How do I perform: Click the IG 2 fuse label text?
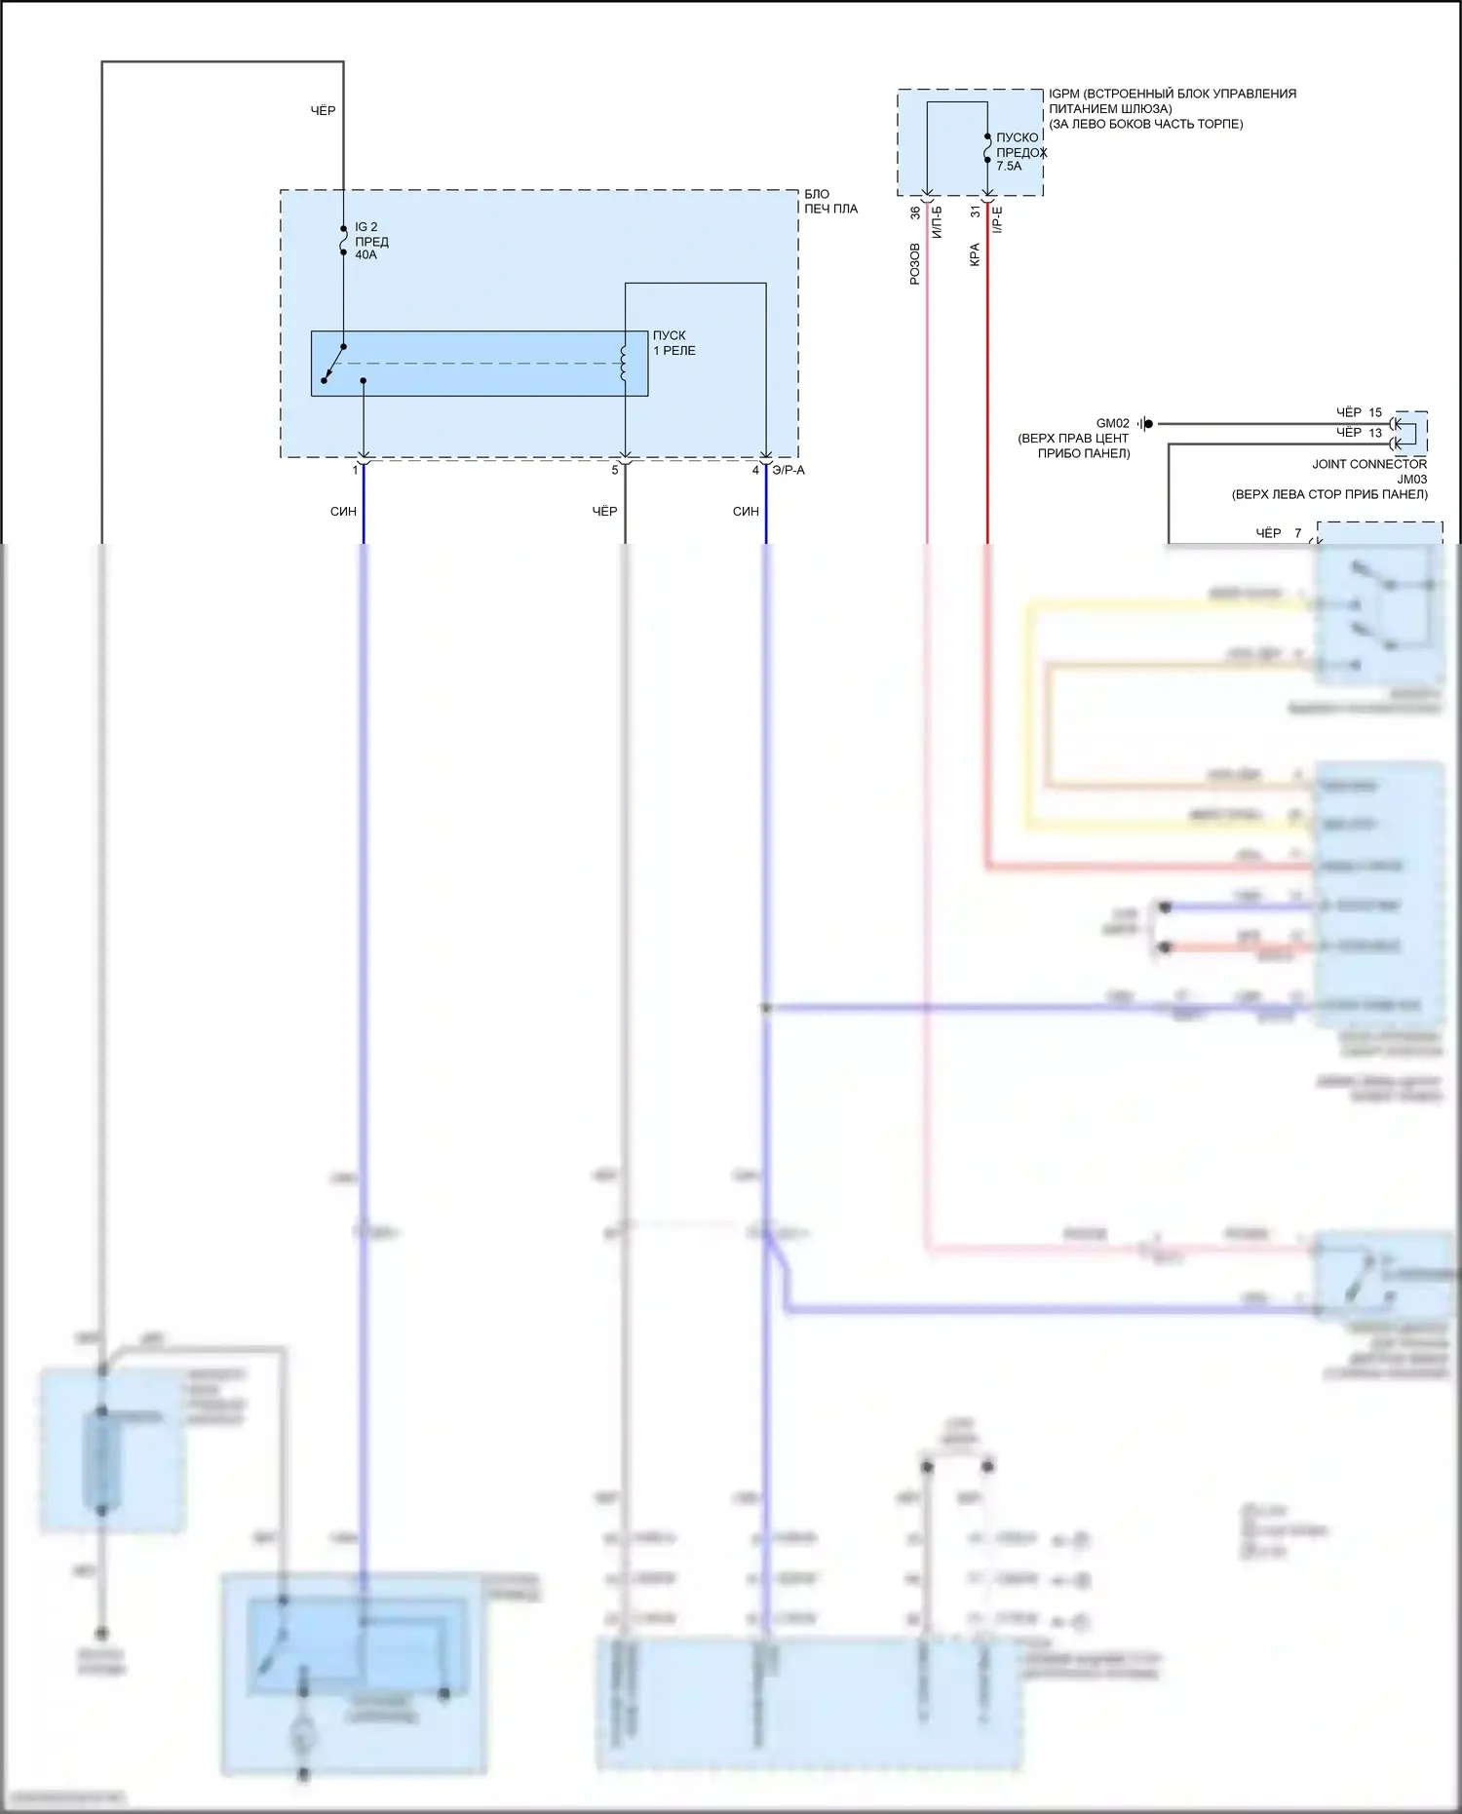point(365,227)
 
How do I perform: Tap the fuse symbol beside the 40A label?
point(343,242)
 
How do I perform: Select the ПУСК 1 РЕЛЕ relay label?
point(673,343)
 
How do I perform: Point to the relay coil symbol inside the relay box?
point(624,363)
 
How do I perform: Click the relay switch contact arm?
point(332,364)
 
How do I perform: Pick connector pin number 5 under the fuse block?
point(615,471)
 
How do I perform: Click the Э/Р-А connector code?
point(789,471)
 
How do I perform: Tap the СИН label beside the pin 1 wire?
point(343,512)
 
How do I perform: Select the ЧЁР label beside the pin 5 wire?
point(604,512)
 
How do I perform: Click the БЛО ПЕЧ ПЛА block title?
point(829,202)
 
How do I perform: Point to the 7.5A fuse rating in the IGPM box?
point(1009,167)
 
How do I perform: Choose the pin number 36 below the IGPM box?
point(915,212)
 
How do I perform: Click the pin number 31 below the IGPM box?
point(976,212)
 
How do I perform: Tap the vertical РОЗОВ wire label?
point(914,264)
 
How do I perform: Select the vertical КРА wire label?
point(975,255)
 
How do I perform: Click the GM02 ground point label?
point(1112,424)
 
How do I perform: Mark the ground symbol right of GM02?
point(1145,424)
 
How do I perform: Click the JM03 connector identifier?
point(1411,480)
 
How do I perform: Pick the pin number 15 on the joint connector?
point(1375,413)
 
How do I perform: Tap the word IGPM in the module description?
point(1064,95)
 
